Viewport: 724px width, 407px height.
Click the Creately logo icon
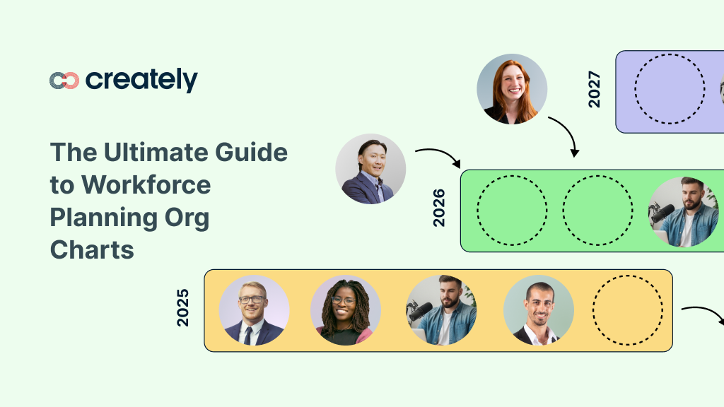point(64,81)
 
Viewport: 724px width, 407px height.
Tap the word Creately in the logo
point(141,80)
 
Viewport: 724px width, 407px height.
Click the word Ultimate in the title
point(150,153)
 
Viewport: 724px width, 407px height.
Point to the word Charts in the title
point(92,249)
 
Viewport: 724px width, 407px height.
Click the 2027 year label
point(594,89)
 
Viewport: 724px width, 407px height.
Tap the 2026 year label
point(439,207)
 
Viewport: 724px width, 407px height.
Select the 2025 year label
point(183,307)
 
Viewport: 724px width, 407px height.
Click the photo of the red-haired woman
point(512,89)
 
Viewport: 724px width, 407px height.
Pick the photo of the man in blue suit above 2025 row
point(370,169)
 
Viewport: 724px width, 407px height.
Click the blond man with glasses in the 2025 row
point(253,310)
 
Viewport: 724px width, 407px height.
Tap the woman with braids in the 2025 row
point(345,310)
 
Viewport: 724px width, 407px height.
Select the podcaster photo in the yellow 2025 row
point(441,310)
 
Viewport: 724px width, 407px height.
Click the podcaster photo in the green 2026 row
point(684,211)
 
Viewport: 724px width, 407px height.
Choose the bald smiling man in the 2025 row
point(538,310)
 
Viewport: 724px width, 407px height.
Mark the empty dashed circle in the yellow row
point(627,310)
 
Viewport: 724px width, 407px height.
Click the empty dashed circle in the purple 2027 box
point(669,89)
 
